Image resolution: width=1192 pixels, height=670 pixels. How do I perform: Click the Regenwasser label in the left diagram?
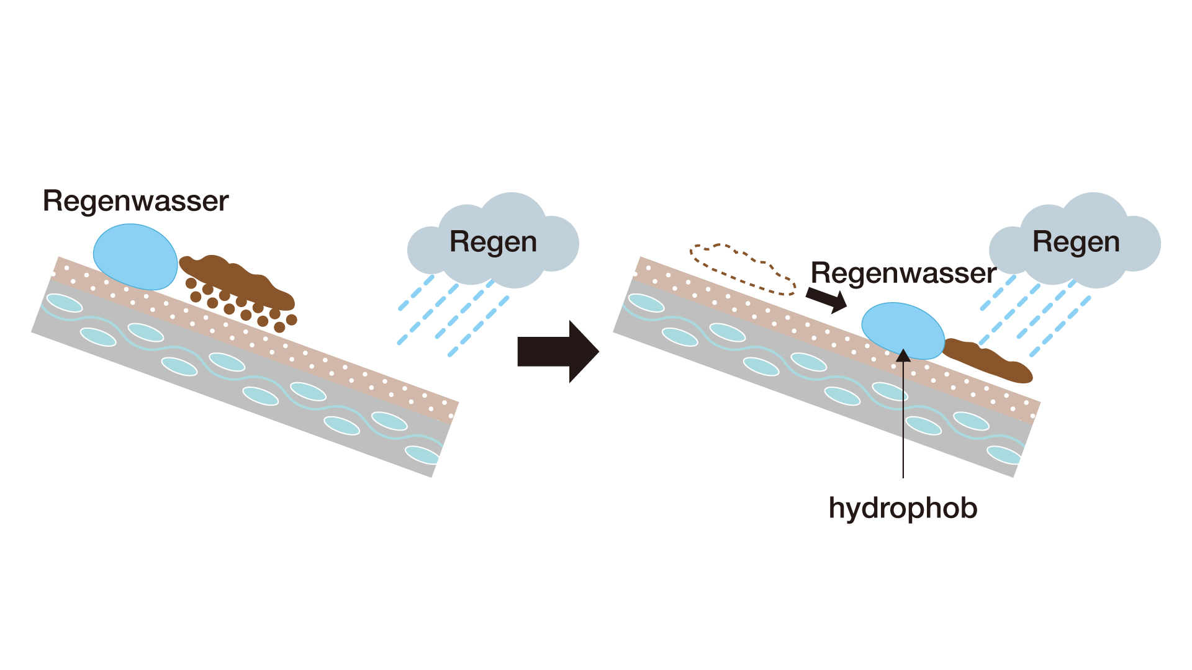(x=135, y=202)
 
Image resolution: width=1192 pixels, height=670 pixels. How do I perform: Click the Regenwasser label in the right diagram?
(x=903, y=273)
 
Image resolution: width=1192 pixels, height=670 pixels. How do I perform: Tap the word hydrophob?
(x=903, y=508)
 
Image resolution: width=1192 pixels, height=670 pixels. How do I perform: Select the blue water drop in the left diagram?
(x=135, y=257)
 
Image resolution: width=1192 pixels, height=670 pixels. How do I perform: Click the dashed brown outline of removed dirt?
(x=743, y=269)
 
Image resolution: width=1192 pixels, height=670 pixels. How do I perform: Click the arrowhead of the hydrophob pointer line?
(x=903, y=355)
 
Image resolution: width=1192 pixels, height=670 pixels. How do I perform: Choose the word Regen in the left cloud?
(x=493, y=242)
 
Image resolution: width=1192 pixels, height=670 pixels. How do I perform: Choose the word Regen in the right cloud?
(x=1076, y=242)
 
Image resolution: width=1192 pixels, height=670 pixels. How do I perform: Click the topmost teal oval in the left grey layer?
(x=65, y=303)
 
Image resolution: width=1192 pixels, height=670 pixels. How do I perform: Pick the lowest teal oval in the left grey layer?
(x=422, y=455)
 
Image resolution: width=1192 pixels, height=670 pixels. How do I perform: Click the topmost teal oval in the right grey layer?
(x=646, y=303)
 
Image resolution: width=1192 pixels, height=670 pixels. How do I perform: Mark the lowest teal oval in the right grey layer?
(x=1004, y=455)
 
